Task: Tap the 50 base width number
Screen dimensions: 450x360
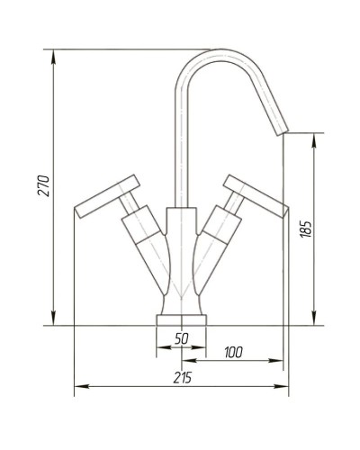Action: (181, 338)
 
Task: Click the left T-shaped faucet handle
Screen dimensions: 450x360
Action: (106, 196)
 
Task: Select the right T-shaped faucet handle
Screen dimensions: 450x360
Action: (255, 194)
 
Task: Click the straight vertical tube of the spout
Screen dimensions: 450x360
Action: (181, 144)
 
